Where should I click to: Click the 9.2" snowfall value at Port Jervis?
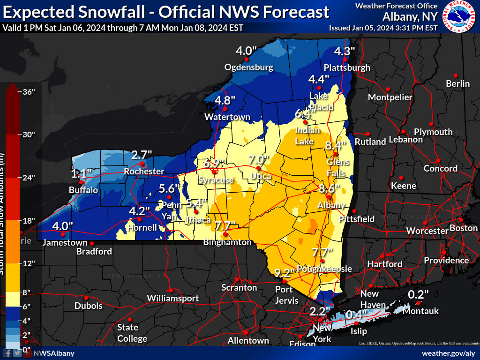tap(285, 272)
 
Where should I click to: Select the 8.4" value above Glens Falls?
tap(336, 145)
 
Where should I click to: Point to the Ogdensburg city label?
tap(248, 67)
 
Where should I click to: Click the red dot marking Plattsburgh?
tap(345, 60)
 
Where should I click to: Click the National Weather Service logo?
tap(460, 16)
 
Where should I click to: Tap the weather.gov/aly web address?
tap(449, 353)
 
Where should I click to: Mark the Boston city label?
tap(463, 228)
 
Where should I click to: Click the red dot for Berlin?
tap(455, 75)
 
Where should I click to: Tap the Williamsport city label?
tap(172, 298)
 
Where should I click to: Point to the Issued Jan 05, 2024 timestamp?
tap(383, 28)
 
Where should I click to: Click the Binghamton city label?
tap(227, 242)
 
